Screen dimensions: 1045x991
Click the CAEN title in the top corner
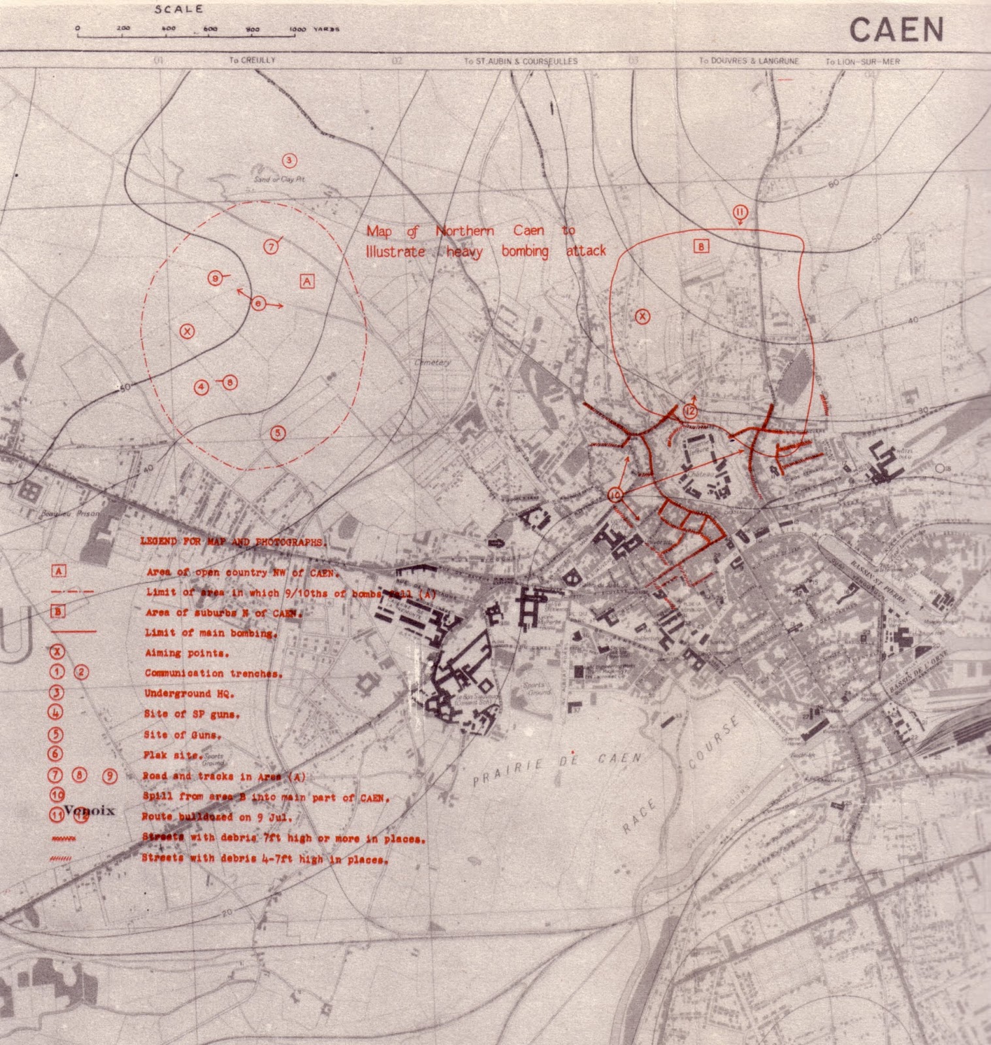point(896,29)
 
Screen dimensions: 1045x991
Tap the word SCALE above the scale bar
point(179,9)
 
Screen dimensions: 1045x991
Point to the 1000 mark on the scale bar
point(297,29)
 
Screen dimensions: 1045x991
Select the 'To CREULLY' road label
point(252,60)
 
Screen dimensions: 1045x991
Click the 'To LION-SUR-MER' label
point(862,61)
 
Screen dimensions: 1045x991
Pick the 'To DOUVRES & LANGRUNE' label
point(749,61)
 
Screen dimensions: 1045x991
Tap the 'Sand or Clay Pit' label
point(279,179)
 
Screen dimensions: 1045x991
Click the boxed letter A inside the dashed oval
point(307,281)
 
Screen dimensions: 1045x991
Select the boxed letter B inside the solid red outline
point(700,246)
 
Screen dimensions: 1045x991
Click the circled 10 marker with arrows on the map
point(615,494)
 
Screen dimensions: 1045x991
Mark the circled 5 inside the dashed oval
point(278,432)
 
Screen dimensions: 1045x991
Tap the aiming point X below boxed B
point(643,317)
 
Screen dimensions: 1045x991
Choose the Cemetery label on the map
point(432,362)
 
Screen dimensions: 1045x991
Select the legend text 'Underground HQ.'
point(189,694)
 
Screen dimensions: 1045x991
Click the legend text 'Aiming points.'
point(187,653)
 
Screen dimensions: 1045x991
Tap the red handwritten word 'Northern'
point(464,231)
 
